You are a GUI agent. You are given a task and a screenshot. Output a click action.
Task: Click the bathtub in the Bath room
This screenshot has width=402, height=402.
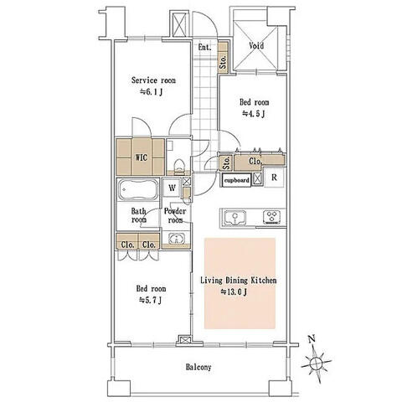(x=137, y=190)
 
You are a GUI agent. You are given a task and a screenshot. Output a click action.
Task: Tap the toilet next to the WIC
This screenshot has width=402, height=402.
(x=178, y=167)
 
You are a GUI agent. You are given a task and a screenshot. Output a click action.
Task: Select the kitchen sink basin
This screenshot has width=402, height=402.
(x=235, y=217)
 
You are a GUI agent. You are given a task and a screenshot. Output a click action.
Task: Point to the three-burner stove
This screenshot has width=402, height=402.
(x=272, y=217)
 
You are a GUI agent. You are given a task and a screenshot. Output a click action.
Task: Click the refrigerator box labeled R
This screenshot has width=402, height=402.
(x=274, y=178)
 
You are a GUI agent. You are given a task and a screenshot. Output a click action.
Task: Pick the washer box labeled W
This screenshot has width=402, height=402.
(x=172, y=188)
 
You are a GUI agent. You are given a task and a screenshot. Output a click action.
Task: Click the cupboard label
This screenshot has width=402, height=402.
(x=237, y=180)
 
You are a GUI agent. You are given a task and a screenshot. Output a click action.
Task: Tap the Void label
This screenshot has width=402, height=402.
(x=256, y=45)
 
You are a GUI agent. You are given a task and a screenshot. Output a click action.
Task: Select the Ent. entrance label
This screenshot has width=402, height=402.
(x=204, y=47)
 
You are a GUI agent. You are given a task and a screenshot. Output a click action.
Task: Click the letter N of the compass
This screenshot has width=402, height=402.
(x=312, y=339)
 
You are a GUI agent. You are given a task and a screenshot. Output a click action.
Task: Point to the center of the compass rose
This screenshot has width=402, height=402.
(x=317, y=363)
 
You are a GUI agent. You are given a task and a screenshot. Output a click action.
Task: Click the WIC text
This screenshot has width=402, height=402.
(x=142, y=157)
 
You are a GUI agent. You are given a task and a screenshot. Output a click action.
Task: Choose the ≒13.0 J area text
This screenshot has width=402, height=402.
(x=234, y=292)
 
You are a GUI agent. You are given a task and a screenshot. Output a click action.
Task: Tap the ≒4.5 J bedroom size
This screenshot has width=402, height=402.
(x=253, y=114)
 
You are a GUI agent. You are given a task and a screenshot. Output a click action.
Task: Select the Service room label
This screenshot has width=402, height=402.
(x=153, y=80)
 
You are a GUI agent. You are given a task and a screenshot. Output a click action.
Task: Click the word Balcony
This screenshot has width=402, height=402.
(x=198, y=367)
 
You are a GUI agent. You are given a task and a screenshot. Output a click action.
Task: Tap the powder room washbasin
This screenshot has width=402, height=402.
(x=177, y=239)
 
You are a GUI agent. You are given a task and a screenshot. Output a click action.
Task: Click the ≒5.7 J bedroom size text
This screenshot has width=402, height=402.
(x=150, y=301)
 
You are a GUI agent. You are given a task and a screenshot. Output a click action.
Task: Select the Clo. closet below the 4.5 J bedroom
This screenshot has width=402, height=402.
(x=255, y=162)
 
